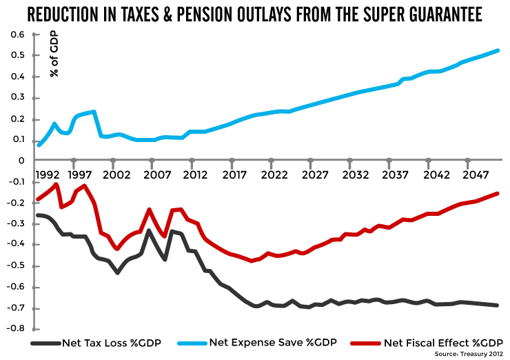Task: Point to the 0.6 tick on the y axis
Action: tap(18, 34)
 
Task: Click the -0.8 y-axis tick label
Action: tap(16, 329)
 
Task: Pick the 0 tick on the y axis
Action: tap(21, 160)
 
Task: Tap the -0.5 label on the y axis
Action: tap(16, 266)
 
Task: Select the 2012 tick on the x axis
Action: tap(196, 175)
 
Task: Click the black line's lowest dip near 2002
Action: tap(118, 273)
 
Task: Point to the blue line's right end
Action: tap(498, 51)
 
